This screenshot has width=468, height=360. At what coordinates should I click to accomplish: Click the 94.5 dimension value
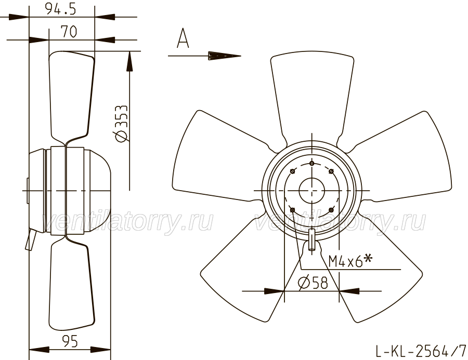pos(61,9)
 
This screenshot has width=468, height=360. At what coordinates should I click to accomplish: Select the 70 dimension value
pos(69,31)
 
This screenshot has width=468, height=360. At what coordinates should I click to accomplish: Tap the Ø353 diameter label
pos(122,124)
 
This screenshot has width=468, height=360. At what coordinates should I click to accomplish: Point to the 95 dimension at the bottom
pos(70,341)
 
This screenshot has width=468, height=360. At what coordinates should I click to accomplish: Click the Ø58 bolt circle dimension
pos(313,283)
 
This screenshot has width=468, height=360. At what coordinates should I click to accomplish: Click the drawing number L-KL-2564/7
pos(421,351)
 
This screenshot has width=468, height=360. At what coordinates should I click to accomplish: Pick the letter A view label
pos(183,38)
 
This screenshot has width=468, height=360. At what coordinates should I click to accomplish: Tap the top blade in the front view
pos(312,96)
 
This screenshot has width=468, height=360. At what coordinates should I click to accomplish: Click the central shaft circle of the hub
pos(311,190)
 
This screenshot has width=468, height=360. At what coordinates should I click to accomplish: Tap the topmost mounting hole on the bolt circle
pos(311,164)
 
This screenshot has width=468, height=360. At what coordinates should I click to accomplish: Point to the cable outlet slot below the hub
pos(311,239)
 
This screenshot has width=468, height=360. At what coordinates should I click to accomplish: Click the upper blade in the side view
pos(72,96)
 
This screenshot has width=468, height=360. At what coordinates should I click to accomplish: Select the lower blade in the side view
pos(72,283)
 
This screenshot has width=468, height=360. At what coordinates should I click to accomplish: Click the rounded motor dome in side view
pos(97,190)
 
